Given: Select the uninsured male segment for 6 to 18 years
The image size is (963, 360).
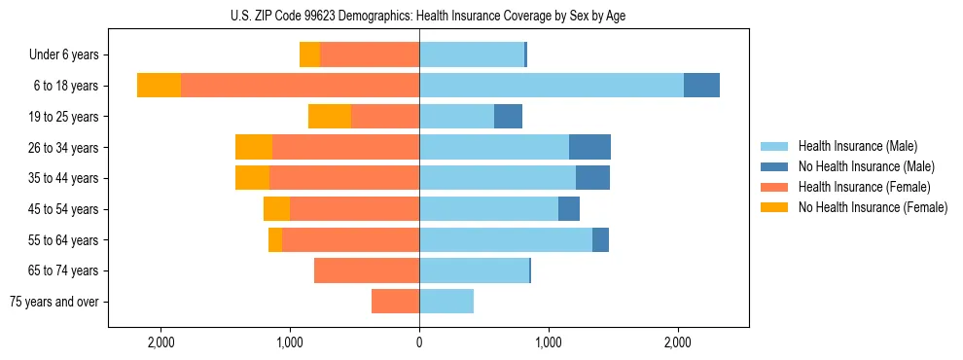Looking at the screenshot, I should click(x=701, y=86).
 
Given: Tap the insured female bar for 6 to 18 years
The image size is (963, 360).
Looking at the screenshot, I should click(x=300, y=86).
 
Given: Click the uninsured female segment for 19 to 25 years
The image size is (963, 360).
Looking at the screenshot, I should click(x=330, y=117).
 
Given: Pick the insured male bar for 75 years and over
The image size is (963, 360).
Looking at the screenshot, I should click(x=446, y=302).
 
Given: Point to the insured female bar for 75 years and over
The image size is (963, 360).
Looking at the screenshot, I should click(x=395, y=302).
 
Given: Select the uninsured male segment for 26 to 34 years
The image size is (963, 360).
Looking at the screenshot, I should click(x=589, y=147).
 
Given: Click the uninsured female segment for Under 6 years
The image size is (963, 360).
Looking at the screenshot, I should click(x=309, y=54).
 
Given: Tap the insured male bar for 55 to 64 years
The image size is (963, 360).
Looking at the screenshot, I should click(x=506, y=239).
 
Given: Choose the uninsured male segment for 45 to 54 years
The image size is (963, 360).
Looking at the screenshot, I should click(x=569, y=209).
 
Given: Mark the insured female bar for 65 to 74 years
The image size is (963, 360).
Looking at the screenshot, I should click(x=367, y=270).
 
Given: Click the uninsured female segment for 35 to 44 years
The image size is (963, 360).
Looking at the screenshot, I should click(x=252, y=178).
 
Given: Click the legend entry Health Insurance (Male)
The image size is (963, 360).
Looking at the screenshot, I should click(x=857, y=146).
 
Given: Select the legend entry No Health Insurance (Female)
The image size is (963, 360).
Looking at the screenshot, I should click(x=873, y=207).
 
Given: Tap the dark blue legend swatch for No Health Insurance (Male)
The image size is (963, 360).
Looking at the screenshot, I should click(x=775, y=166).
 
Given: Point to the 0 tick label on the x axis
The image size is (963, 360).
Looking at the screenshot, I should click(x=419, y=342).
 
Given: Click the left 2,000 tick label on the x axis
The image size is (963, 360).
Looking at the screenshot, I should click(x=160, y=342).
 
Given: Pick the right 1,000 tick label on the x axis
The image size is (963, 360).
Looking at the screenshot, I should click(x=549, y=342).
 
